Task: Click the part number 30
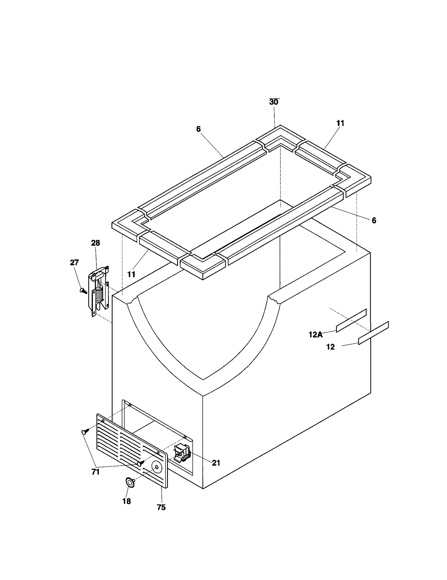pos(274,102)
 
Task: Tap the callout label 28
pos(96,243)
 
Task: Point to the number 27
pos(74,262)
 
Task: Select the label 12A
pos(316,335)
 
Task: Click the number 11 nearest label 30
pos(340,123)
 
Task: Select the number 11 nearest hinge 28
pos(131,274)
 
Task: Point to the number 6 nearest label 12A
pos(374,221)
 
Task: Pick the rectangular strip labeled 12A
pos(351,321)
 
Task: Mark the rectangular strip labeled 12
pos(373,333)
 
